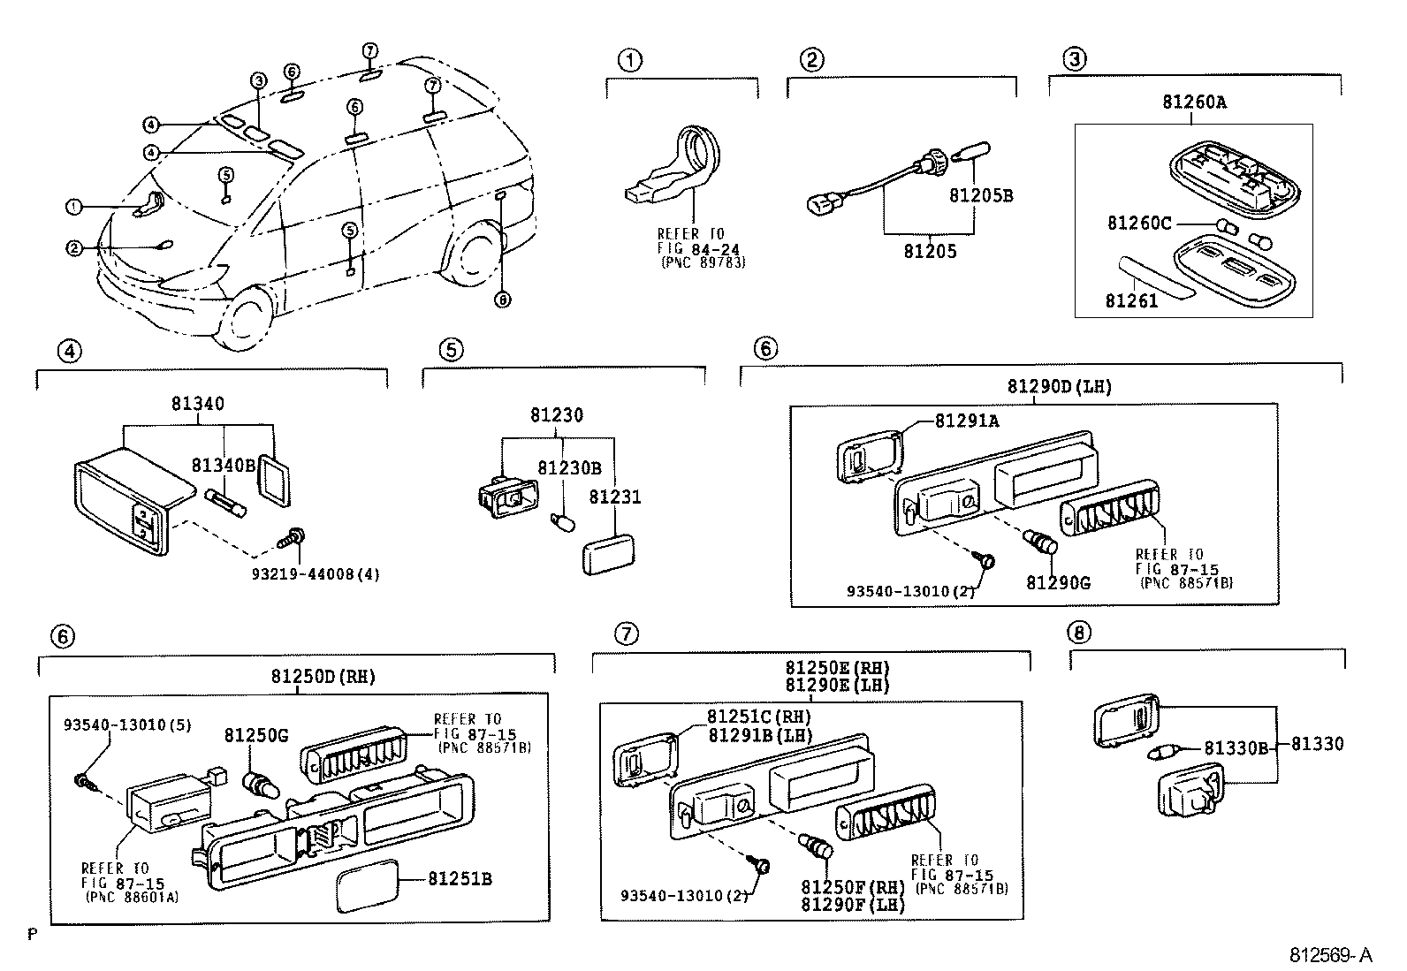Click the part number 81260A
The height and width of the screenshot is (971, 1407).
point(1194,102)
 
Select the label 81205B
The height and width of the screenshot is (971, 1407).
point(981,195)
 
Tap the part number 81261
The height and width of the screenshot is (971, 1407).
point(1130,301)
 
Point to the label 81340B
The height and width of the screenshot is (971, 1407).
point(223,466)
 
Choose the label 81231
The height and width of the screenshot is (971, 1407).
point(615,497)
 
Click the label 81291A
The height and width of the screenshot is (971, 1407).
point(967,421)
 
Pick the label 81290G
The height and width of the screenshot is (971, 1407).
point(1058,582)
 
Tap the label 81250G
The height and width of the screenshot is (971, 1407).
point(255,735)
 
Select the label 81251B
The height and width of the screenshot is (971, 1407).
point(460,879)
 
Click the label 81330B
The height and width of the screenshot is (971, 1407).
point(1236,748)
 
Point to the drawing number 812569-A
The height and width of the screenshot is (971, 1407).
point(1331,955)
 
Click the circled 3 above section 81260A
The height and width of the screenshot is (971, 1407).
point(1074,60)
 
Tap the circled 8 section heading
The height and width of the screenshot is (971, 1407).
point(1078,633)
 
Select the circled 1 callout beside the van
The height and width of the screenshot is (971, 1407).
point(73,207)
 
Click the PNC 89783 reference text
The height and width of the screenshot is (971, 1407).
point(703,262)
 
